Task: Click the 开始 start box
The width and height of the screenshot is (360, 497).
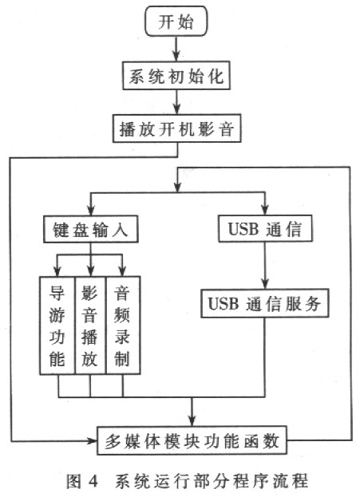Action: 176,21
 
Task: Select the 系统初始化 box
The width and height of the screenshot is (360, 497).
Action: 176,76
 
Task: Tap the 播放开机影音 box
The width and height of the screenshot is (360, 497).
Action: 177,128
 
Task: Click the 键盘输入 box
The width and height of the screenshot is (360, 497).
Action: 91,229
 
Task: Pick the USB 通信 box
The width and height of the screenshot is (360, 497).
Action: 265,228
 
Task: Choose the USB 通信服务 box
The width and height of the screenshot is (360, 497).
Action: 265,303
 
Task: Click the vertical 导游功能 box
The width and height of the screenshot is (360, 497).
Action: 57,325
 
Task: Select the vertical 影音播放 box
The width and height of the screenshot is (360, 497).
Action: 89,325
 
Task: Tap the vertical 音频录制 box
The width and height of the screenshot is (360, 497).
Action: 123,325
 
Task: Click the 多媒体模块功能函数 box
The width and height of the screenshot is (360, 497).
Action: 192,440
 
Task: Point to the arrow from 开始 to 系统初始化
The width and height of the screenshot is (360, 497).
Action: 176,49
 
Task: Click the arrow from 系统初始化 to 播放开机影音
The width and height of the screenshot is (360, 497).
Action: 177,102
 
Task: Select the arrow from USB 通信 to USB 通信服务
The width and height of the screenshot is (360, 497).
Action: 265,266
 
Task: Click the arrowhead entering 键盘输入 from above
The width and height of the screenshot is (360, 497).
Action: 91,211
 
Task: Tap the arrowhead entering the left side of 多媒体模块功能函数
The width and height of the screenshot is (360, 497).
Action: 93,440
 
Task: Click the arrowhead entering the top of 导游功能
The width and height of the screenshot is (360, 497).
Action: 57,271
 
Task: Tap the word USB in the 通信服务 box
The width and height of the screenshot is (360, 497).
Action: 224,303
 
